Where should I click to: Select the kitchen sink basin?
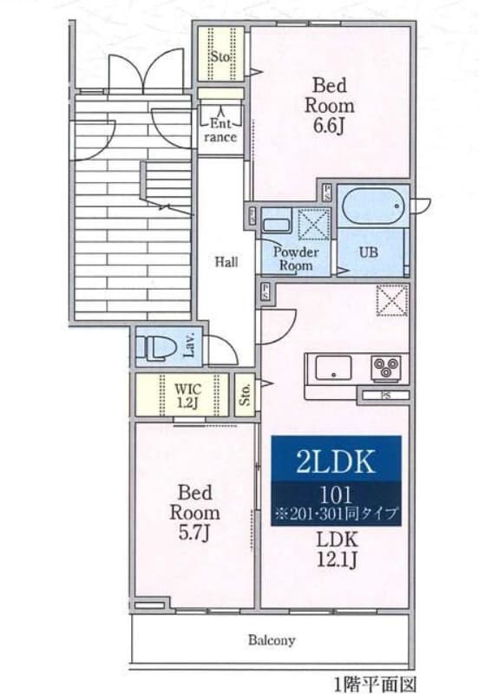point(330,369)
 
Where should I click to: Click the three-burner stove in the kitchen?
point(384,369)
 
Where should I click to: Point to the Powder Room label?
point(296,259)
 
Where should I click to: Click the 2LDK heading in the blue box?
point(335,461)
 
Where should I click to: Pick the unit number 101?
point(335,495)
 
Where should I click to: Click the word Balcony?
point(272,641)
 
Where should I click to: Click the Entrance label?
point(220,130)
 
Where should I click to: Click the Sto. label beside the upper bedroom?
point(220,58)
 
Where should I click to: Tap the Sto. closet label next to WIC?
point(245,395)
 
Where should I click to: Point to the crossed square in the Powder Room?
point(310,223)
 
